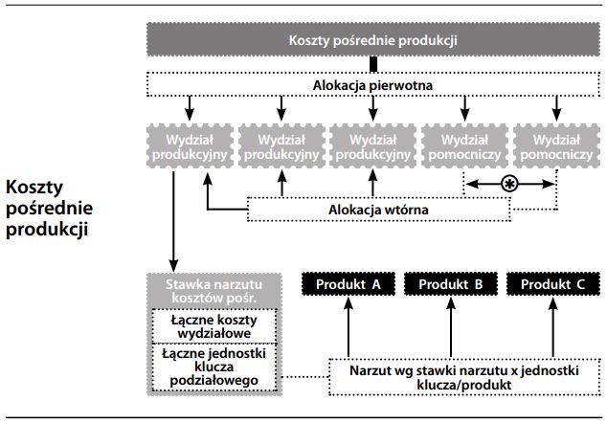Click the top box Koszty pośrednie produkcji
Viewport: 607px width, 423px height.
(x=373, y=41)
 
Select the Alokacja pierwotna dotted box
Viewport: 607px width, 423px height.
(x=373, y=85)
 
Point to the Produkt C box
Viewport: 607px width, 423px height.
(x=551, y=284)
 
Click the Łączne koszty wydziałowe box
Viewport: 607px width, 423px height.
(x=214, y=325)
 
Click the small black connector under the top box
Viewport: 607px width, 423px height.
(x=374, y=64)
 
